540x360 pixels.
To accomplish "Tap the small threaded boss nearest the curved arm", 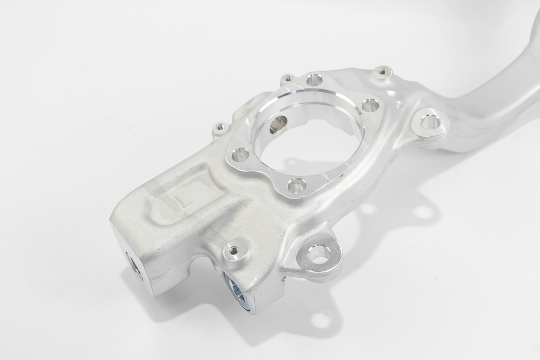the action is [383, 72].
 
